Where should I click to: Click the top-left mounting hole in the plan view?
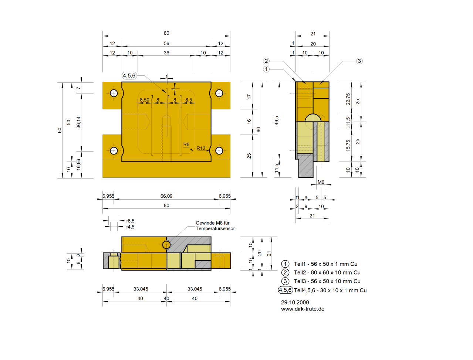114,93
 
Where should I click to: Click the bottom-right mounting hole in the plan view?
219,150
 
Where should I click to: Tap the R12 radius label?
201,148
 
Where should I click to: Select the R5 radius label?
186,145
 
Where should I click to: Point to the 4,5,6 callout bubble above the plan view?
129,75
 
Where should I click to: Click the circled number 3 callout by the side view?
359,61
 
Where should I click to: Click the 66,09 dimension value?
166,196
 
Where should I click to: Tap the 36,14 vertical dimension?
78,122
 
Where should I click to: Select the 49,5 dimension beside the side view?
277,120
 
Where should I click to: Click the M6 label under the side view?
321,182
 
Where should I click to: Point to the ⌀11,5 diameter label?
348,123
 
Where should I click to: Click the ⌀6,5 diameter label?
130,221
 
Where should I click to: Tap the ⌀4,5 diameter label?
130,227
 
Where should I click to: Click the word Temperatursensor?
215,228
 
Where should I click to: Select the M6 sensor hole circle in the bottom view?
166,245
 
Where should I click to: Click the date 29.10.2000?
295,302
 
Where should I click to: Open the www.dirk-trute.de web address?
303,309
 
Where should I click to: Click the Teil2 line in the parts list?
327,272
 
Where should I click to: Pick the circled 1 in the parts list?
285,264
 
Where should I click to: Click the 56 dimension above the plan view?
166,43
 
